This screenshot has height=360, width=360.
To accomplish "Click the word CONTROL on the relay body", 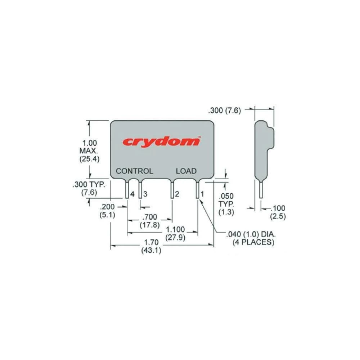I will (x=134, y=171).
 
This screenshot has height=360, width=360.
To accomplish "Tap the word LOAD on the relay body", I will (x=186, y=171).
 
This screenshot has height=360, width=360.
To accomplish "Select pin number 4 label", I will (x=132, y=194).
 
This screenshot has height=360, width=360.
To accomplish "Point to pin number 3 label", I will (x=145, y=194).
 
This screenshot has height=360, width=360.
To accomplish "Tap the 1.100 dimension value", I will (x=175, y=229).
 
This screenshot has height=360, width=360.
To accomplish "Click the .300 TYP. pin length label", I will (x=89, y=185).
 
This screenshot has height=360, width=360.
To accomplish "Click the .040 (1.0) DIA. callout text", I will (x=251, y=234).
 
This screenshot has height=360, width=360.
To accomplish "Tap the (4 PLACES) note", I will (x=253, y=242).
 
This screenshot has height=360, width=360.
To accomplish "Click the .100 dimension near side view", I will (x=278, y=208).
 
